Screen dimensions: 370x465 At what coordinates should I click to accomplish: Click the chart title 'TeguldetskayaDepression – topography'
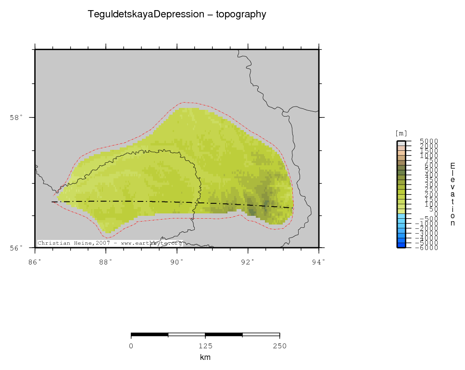click(x=176, y=14)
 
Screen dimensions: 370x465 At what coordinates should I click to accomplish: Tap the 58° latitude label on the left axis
click(x=16, y=118)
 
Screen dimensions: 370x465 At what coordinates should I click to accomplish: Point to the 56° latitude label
click(x=16, y=248)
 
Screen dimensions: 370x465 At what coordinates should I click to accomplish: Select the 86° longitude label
click(x=35, y=262)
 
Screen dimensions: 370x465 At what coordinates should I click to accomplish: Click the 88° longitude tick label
click(x=106, y=262)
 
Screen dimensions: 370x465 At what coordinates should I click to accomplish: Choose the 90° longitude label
click(x=177, y=262)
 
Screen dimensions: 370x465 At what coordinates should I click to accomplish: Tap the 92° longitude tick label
click(x=248, y=262)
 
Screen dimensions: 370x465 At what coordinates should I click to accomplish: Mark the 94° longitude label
click(x=319, y=262)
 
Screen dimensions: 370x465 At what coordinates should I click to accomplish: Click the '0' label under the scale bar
click(x=131, y=345)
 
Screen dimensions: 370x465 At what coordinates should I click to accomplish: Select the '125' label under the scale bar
click(x=205, y=345)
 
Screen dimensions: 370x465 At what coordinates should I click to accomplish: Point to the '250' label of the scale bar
click(x=280, y=345)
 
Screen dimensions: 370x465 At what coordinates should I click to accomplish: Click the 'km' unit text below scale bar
click(x=205, y=357)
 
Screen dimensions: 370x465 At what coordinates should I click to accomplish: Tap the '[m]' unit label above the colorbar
click(x=401, y=133)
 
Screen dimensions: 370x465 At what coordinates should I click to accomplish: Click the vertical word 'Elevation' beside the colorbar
click(x=452, y=194)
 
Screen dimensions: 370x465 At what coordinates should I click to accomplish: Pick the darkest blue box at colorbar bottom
click(x=401, y=245)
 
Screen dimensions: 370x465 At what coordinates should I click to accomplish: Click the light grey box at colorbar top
click(x=401, y=143)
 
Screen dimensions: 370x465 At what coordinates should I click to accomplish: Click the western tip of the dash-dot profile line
click(x=52, y=201)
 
